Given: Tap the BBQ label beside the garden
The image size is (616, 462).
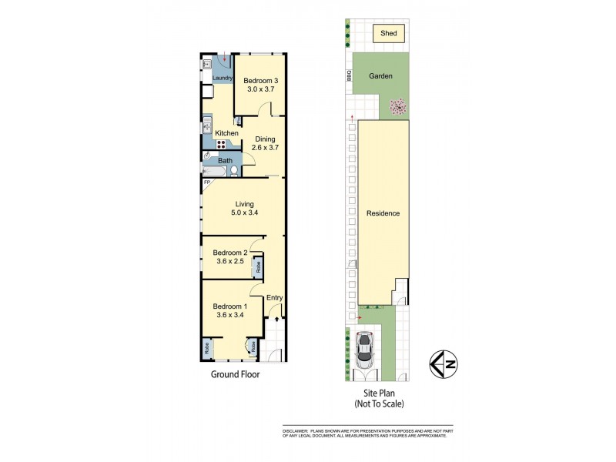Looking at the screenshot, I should point(348,77).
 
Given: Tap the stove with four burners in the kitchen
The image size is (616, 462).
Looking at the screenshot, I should point(223,142).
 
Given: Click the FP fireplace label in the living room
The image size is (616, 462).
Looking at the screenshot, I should point(206,182).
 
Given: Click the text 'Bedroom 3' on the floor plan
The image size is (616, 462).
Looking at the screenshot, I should point(260,80).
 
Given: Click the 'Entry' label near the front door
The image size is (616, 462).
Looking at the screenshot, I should point(274,298).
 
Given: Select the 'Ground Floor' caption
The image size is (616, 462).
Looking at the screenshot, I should point(235,375).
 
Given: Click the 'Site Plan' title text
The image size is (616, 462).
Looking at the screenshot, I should point(377,393).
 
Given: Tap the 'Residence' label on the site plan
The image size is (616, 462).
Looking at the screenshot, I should point(383,213).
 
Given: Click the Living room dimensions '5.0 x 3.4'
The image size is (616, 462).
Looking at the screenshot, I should point(245,214).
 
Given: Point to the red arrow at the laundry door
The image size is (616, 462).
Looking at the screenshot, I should point(224,59).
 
